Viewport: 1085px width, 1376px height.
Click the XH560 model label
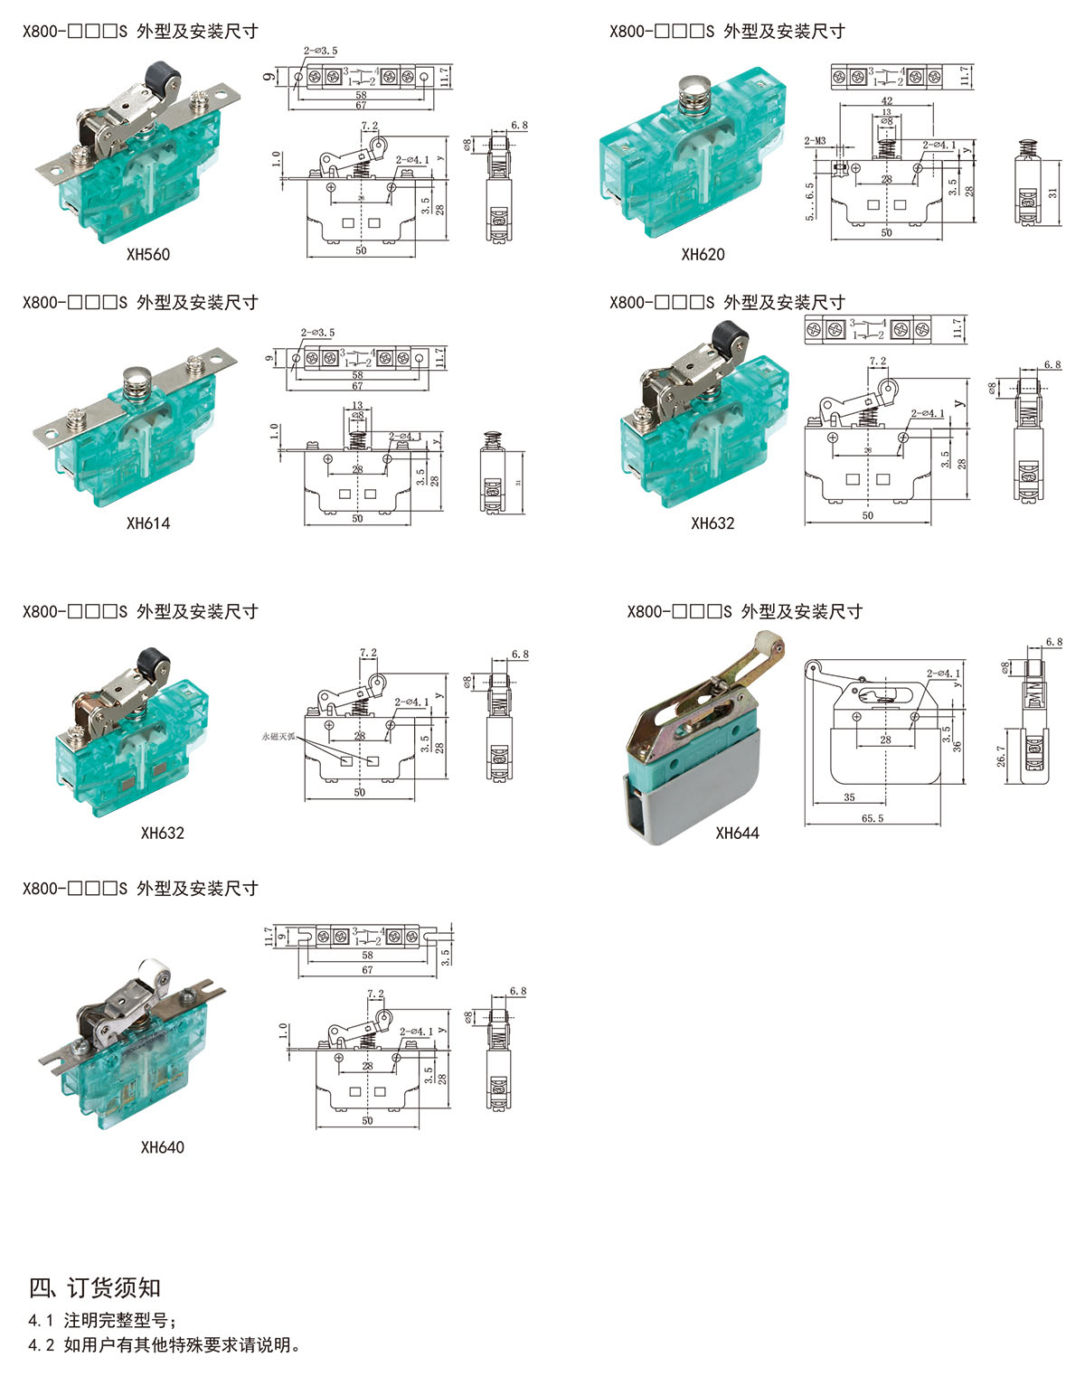click(x=148, y=255)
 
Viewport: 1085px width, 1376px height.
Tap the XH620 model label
click(x=703, y=255)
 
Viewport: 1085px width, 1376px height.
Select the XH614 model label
click(x=148, y=523)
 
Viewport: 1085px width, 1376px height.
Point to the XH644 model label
click(x=737, y=834)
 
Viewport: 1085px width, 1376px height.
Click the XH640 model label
click(x=163, y=1147)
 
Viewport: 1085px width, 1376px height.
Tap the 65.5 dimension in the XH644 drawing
click(x=873, y=818)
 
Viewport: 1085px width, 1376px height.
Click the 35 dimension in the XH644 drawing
click(x=849, y=797)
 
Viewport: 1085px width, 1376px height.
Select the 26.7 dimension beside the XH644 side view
click(x=1002, y=756)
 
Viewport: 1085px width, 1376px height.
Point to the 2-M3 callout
click(x=816, y=141)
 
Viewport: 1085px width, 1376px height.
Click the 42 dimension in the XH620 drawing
click(x=886, y=101)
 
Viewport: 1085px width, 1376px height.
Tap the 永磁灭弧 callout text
click(x=278, y=737)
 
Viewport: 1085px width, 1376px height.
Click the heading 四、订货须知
click(x=95, y=1287)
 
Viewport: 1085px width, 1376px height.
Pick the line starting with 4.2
click(x=164, y=1345)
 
